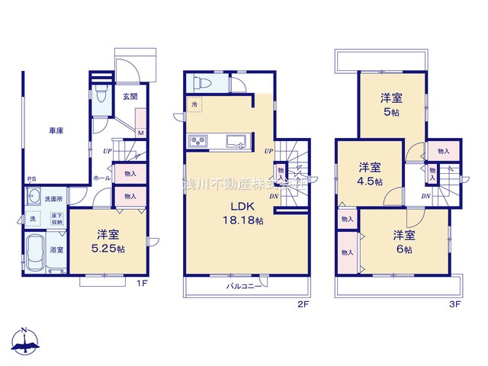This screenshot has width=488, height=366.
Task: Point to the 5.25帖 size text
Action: click(107, 249)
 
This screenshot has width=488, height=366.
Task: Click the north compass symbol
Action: click(25, 342)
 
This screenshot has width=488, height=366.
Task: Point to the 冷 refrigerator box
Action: click(194, 104)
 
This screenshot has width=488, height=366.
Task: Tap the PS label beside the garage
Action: click(31, 180)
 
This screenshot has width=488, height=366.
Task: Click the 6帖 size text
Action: click(405, 249)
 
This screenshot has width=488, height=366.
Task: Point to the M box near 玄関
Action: click(141, 133)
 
